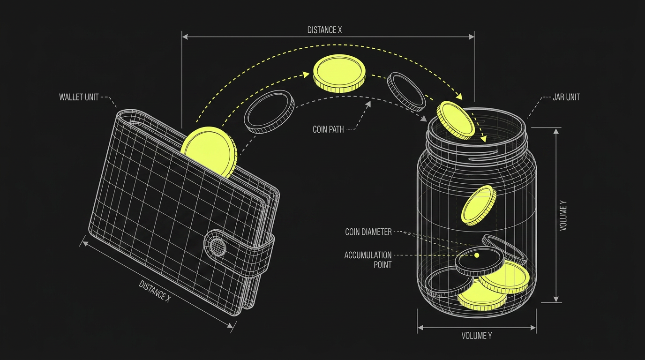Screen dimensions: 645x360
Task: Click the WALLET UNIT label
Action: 79,97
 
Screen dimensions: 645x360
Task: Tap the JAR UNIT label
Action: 566,97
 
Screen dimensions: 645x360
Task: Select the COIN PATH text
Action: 328,129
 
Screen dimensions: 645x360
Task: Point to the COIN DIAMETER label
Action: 368,232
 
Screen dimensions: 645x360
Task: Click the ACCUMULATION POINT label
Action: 368,260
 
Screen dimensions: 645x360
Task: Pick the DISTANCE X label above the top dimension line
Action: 324,30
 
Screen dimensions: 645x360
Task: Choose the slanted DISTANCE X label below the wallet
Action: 155,292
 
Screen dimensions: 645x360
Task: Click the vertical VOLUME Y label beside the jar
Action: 563,215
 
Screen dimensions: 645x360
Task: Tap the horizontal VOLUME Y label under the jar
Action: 477,336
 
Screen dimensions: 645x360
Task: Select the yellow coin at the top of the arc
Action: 339,74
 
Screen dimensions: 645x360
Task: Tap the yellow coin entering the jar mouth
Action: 455,120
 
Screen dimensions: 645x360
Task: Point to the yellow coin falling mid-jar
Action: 479,205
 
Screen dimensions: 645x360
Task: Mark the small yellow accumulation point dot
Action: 477,255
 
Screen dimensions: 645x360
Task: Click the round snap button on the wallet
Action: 217,247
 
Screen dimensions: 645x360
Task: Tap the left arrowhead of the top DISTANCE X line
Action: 185,37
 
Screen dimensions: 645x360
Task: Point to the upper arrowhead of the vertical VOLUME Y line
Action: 556,131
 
